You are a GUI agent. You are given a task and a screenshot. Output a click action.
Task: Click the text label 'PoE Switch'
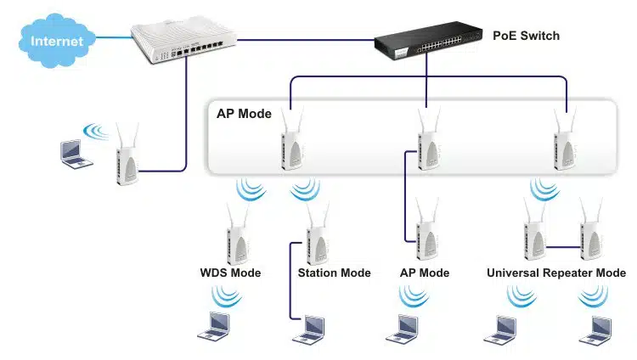click(x=526, y=37)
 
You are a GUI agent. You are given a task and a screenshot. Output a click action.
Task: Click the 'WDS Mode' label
click(x=230, y=273)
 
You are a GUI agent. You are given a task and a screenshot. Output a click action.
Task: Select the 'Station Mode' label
click(x=334, y=273)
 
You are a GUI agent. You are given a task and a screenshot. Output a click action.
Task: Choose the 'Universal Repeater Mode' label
click(x=556, y=273)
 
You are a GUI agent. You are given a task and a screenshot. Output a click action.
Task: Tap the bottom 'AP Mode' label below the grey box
click(x=424, y=273)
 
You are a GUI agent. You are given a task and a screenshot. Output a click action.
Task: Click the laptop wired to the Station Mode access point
click(x=311, y=328)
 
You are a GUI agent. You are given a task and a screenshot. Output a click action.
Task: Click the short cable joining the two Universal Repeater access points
click(x=561, y=246)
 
